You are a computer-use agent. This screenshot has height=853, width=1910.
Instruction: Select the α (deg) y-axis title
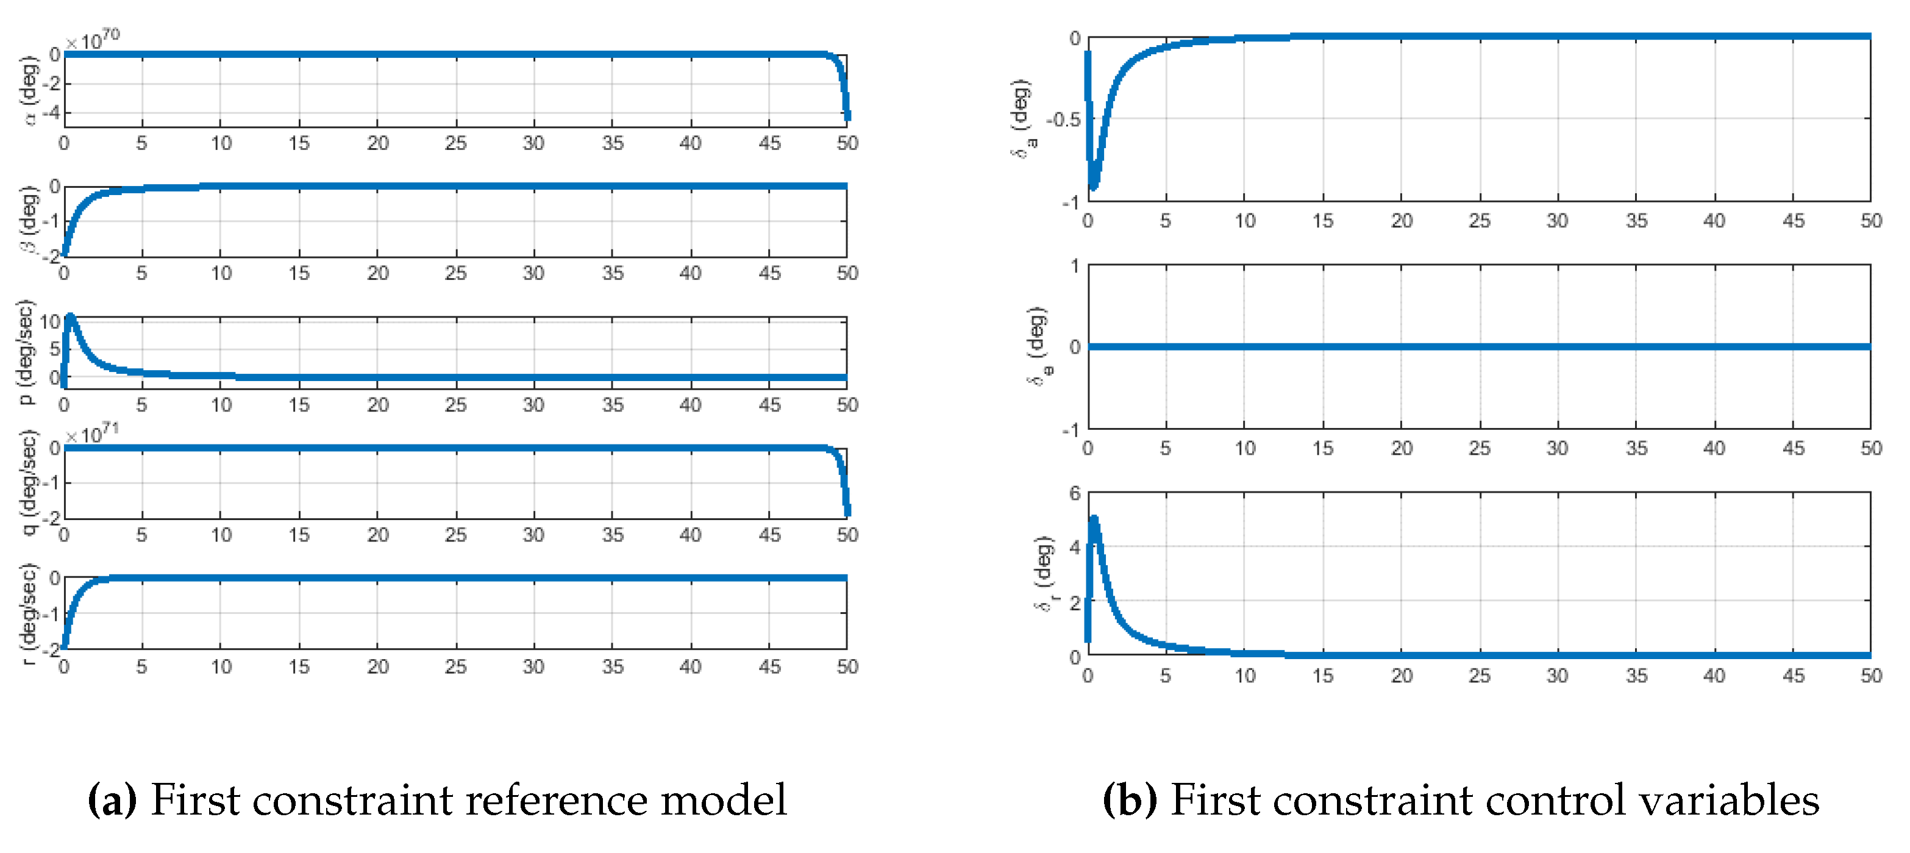coord(28,90)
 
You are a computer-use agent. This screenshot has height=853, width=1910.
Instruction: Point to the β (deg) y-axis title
coord(28,219)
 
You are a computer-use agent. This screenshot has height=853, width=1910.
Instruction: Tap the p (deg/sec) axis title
coord(26,352)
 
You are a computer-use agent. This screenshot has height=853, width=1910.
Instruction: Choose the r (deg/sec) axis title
coord(28,613)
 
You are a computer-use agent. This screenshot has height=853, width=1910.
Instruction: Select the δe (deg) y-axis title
coord(1038,346)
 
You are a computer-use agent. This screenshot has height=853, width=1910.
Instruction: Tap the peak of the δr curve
coord(1094,519)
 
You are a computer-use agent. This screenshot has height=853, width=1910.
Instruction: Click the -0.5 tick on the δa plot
coord(1063,120)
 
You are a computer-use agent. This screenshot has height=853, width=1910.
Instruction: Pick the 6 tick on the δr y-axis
coord(1074,493)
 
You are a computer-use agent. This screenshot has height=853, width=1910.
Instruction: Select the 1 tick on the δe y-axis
coord(1074,266)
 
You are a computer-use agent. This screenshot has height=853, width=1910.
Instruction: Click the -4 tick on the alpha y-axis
coord(51,113)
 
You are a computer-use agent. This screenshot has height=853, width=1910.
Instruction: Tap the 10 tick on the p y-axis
coord(49,322)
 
